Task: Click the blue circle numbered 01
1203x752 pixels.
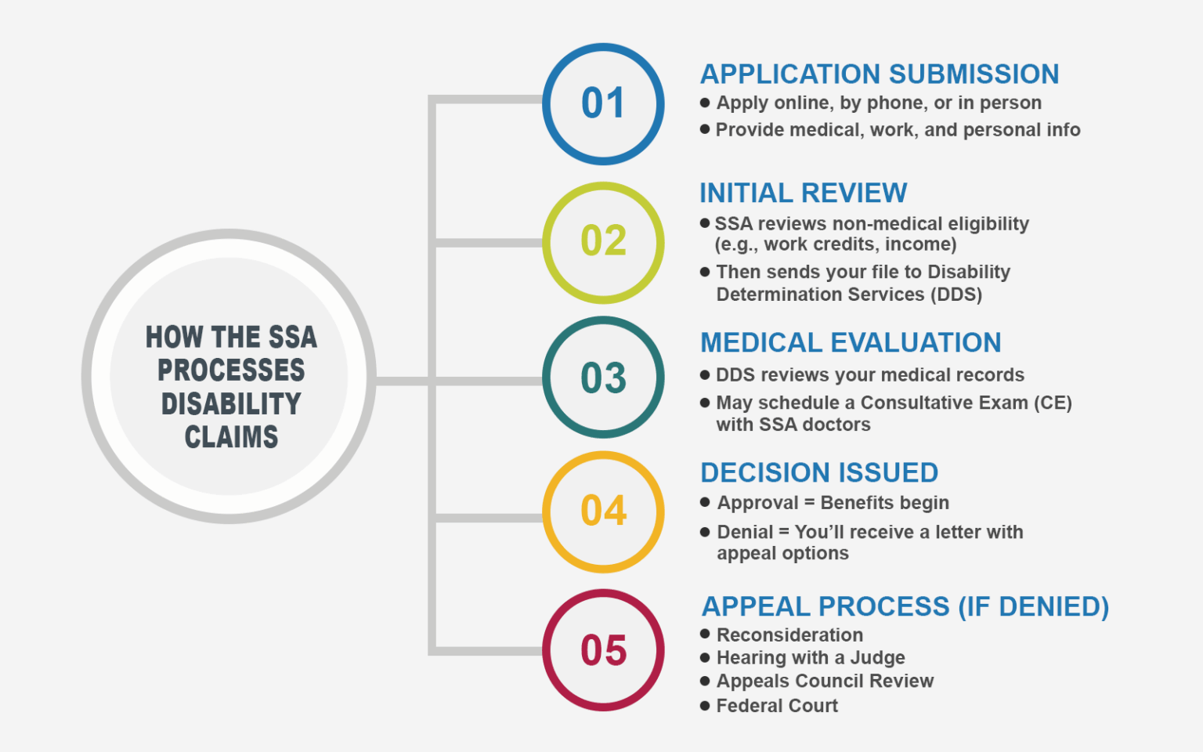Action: click(603, 103)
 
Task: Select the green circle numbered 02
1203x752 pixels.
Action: click(603, 242)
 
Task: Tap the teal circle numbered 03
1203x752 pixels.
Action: click(603, 378)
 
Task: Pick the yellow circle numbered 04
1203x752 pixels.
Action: click(603, 512)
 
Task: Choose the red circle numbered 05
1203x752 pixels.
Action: click(603, 650)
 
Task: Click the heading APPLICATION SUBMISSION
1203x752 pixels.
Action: click(879, 74)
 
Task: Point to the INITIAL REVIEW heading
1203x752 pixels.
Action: click(803, 193)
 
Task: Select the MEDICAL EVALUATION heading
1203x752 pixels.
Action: click(851, 343)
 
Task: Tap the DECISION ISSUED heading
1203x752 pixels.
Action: click(819, 473)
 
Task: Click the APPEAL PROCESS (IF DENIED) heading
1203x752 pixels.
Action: click(905, 607)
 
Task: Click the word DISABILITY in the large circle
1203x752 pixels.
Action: click(231, 404)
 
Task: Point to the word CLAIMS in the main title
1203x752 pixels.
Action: click(231, 437)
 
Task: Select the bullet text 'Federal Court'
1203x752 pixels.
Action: click(777, 706)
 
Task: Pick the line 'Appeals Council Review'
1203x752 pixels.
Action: click(825, 681)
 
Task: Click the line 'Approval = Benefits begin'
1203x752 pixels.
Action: click(833, 503)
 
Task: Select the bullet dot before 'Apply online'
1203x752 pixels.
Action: click(705, 103)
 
